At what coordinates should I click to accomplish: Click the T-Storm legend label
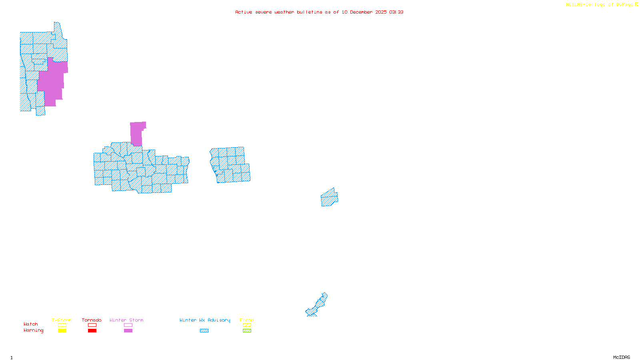pos(62,320)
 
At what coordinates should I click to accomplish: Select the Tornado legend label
pos(92,320)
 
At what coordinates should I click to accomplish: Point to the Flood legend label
pos(247,320)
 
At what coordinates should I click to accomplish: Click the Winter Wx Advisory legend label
pos(205,320)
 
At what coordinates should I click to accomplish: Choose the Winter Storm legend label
pos(126,320)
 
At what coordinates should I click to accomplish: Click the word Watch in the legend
pos(31,324)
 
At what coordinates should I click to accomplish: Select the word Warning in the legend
pos(34,330)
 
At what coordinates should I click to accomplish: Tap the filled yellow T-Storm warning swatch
pos(62,331)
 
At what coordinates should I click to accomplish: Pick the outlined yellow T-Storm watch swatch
pos(62,325)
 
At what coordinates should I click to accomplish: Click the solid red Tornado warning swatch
pos(92,331)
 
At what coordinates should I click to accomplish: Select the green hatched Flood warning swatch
pos(247,331)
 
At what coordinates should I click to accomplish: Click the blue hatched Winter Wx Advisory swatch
pos(204,331)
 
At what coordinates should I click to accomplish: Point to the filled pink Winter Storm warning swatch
pos(128,331)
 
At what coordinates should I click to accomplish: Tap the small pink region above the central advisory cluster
pos(136,134)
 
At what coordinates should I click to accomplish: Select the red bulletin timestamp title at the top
pos(319,12)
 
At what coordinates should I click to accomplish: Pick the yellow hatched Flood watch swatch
pos(247,325)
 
